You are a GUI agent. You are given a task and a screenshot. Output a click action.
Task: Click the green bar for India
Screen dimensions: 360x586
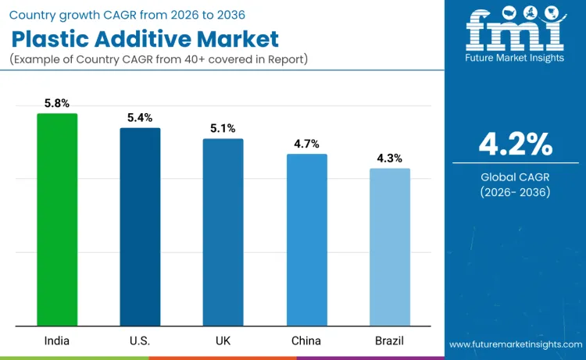(x=57, y=219)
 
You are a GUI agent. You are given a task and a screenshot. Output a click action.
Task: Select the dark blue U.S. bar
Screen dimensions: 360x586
(x=140, y=226)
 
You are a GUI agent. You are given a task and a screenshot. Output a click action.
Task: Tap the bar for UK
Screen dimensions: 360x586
(x=223, y=232)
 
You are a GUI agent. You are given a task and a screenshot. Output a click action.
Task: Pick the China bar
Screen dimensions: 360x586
(x=306, y=240)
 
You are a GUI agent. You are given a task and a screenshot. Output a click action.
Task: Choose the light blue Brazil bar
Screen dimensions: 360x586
(x=389, y=247)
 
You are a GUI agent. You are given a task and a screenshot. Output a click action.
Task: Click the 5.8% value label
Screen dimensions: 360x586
(x=57, y=103)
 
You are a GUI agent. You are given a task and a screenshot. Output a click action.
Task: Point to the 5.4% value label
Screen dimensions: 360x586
(x=140, y=118)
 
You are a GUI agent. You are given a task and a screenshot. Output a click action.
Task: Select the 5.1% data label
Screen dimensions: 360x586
(x=223, y=129)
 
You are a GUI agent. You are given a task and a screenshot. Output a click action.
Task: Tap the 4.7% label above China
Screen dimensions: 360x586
(x=306, y=144)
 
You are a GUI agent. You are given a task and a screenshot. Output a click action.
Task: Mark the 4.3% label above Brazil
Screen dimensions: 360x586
(x=389, y=159)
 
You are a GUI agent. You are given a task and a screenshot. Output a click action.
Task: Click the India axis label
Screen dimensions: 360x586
(x=57, y=341)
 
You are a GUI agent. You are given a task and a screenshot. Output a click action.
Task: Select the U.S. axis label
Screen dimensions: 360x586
(x=140, y=341)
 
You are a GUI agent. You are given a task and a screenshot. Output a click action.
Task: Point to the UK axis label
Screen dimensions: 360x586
(x=223, y=341)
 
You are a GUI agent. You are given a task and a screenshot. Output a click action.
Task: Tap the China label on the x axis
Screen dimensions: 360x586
(x=306, y=341)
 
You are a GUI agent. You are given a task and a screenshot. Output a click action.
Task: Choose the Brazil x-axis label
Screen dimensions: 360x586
(x=389, y=341)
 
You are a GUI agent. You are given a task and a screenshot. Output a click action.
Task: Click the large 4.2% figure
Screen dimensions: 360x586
(x=515, y=144)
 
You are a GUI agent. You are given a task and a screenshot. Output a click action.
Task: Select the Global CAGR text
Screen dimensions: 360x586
(x=515, y=177)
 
